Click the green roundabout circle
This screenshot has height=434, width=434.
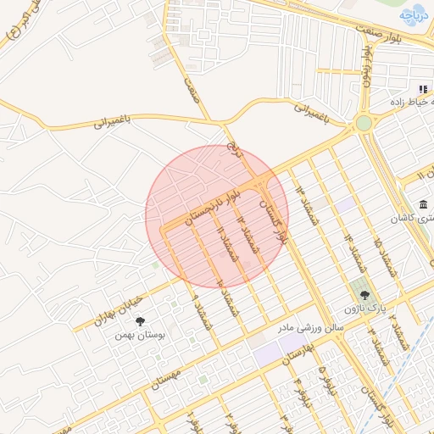[364, 123]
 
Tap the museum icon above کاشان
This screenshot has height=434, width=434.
[423, 204]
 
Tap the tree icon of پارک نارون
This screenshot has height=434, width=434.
[364, 294]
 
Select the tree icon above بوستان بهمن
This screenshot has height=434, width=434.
[140, 320]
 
